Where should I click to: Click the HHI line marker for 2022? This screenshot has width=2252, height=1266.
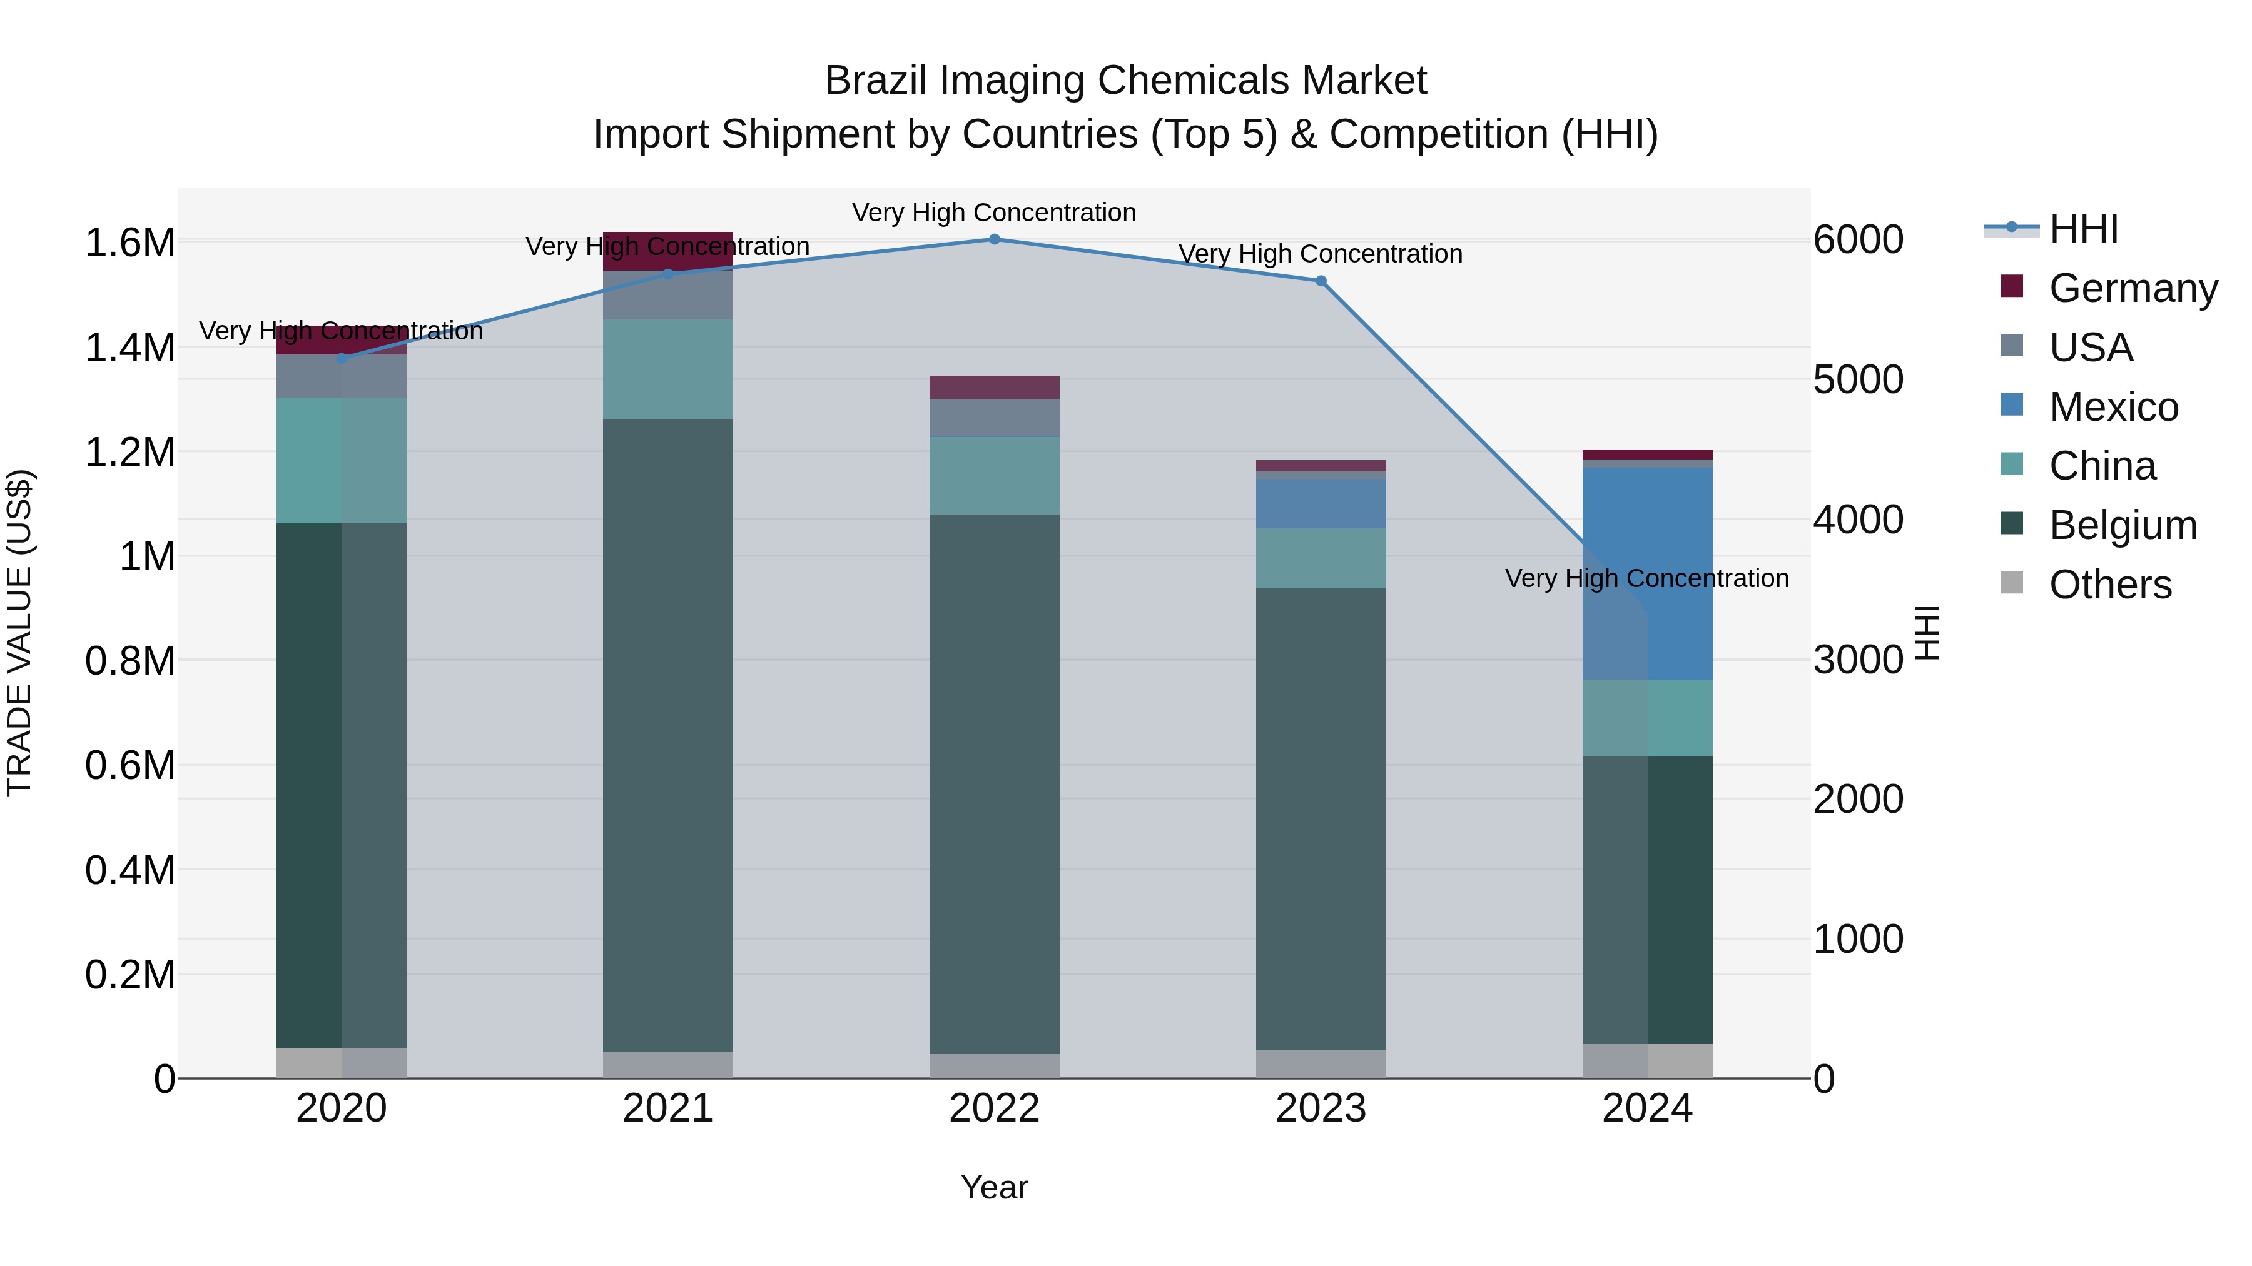click(x=994, y=239)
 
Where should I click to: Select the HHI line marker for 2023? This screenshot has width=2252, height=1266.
click(x=1321, y=281)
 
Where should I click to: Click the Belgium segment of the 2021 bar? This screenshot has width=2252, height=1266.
click(x=668, y=734)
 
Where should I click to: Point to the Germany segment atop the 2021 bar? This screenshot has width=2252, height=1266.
click(x=668, y=251)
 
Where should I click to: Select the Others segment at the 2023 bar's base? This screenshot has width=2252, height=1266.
click(x=1321, y=1063)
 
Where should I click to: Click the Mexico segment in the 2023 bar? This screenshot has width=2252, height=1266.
click(x=1321, y=503)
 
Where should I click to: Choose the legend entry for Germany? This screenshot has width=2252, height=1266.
click(x=2133, y=288)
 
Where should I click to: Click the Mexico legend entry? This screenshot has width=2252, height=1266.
click(x=2113, y=407)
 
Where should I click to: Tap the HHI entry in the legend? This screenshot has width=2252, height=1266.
click(x=2082, y=229)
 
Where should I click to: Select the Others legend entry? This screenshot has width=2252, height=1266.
click(x=2109, y=585)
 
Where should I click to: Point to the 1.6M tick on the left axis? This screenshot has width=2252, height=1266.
click(x=129, y=243)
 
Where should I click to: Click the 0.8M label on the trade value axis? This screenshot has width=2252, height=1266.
click(x=129, y=661)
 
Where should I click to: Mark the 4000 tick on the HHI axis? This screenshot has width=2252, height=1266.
click(x=1858, y=520)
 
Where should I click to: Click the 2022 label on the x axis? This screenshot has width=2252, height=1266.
click(x=994, y=1108)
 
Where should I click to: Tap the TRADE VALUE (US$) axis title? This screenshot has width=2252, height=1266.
click(x=19, y=633)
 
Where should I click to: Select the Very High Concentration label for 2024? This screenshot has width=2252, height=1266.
click(x=1646, y=578)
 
